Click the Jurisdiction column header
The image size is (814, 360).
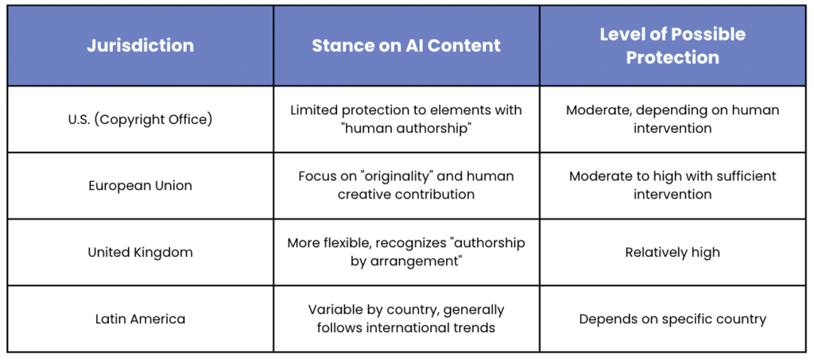pos(140,45)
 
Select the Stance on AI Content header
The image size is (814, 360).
pos(406,45)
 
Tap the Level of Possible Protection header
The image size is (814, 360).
pos(673,45)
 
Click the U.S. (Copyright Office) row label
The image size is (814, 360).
pos(140,119)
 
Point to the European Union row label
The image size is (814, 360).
pos(140,186)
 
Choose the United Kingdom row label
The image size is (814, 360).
pos(140,252)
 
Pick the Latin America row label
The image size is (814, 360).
pos(140,319)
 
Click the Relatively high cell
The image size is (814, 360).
pos(673,253)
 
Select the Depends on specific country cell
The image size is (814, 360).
pos(673,319)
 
